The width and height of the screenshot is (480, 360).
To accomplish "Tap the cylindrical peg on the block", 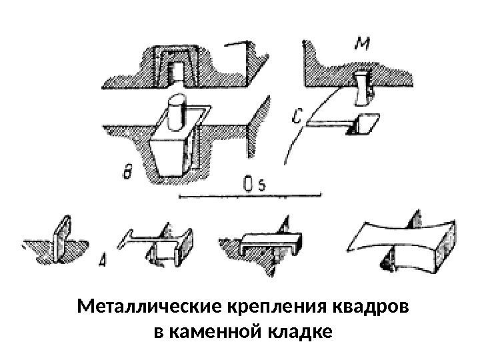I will pos(177,113).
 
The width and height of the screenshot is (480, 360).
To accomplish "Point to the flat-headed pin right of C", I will pos(347,123).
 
